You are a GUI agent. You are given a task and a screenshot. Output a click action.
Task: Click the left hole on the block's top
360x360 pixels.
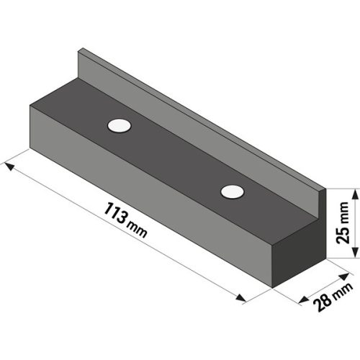pos(120,125)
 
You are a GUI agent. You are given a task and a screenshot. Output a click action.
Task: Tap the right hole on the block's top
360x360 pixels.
pos(232,191)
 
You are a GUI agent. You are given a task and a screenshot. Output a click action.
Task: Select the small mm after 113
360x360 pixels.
pos(135,228)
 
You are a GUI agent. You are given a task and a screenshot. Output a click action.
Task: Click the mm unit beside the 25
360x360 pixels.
pos(344,211)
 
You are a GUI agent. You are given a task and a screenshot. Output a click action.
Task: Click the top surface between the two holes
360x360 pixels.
pos(176,158)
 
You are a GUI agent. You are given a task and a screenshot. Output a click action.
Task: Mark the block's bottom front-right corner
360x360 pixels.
pos(271,287)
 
